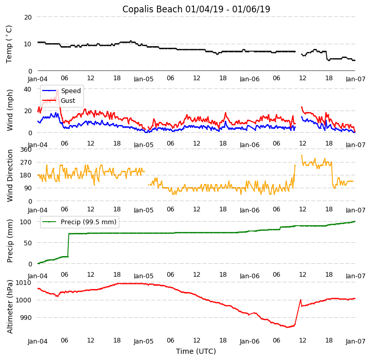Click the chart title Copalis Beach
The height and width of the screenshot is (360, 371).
pos(196,9)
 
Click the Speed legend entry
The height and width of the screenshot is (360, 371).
pos(70,91)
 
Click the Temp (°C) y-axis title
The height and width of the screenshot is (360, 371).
pos(9,44)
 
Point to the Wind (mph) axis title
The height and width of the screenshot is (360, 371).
pos(10,110)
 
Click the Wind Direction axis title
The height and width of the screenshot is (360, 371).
pos(10,175)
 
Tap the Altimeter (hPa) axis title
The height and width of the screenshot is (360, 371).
pos(10,307)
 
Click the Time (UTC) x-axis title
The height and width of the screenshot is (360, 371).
pos(196,351)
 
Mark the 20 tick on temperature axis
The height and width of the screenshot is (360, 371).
pos(28,17)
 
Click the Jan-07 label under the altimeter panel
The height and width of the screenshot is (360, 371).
pos(355,340)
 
